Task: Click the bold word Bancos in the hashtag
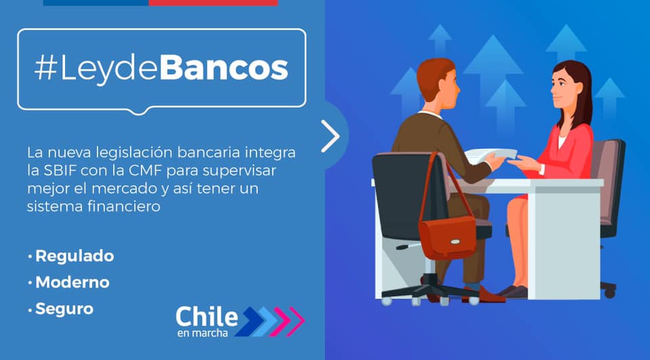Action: pyautogui.click(x=223, y=67)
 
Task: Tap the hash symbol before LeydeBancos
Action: pyautogui.click(x=45, y=67)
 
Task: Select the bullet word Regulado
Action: pyautogui.click(x=74, y=256)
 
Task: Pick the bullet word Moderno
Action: pyautogui.click(x=72, y=283)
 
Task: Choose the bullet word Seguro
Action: pyautogui.click(x=65, y=309)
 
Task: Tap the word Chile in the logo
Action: pyautogui.click(x=207, y=317)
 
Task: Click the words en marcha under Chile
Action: pyautogui.click(x=202, y=333)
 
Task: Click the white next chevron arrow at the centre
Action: pyautogui.click(x=331, y=136)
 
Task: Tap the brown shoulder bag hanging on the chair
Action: pyautogui.click(x=448, y=236)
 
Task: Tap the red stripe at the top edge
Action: pyautogui.click(x=213, y=3)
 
